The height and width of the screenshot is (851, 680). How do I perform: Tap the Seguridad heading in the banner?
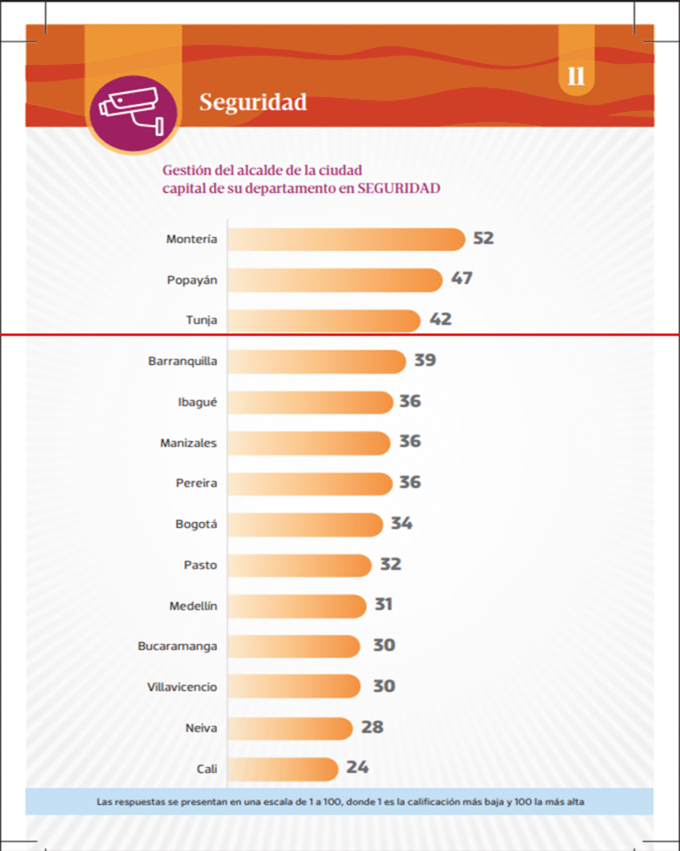click(252, 102)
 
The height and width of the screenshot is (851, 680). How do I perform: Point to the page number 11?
click(576, 77)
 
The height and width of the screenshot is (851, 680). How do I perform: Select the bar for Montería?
click(345, 239)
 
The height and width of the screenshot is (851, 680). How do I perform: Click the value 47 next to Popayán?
click(462, 278)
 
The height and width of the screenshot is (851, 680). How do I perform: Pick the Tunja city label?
click(201, 320)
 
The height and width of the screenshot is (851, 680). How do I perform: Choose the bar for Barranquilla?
click(316, 362)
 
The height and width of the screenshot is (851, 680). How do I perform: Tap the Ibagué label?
click(197, 402)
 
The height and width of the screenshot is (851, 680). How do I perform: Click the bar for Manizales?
click(308, 443)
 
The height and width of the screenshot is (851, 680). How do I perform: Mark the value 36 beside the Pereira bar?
click(409, 482)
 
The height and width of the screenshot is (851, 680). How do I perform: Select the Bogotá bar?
click(305, 524)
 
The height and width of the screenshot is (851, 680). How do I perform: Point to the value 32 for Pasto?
click(390, 564)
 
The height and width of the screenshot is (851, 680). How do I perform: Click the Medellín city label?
click(193, 606)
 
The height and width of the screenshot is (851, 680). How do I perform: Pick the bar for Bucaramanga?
click(293, 646)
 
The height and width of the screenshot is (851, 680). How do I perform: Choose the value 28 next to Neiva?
click(372, 727)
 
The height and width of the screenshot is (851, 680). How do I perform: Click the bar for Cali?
click(282, 769)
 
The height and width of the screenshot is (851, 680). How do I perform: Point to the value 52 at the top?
click(483, 239)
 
